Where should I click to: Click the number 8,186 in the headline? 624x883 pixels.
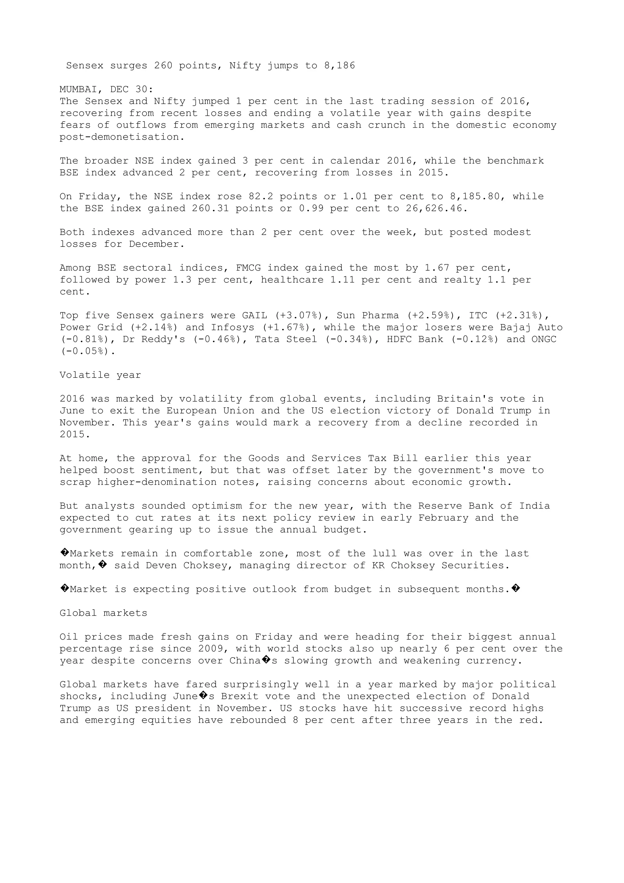pos(339,66)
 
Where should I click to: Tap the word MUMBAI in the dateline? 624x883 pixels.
pos(78,89)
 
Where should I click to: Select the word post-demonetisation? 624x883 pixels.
pos(119,137)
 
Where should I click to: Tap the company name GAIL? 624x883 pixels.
pos(254,316)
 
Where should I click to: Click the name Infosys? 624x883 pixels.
pos(232,328)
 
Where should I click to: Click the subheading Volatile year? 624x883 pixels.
pos(100,375)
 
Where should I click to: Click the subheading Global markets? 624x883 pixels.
pos(103,613)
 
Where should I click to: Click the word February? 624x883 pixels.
pos(443,518)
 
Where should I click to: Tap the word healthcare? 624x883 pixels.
pos(292,280)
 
